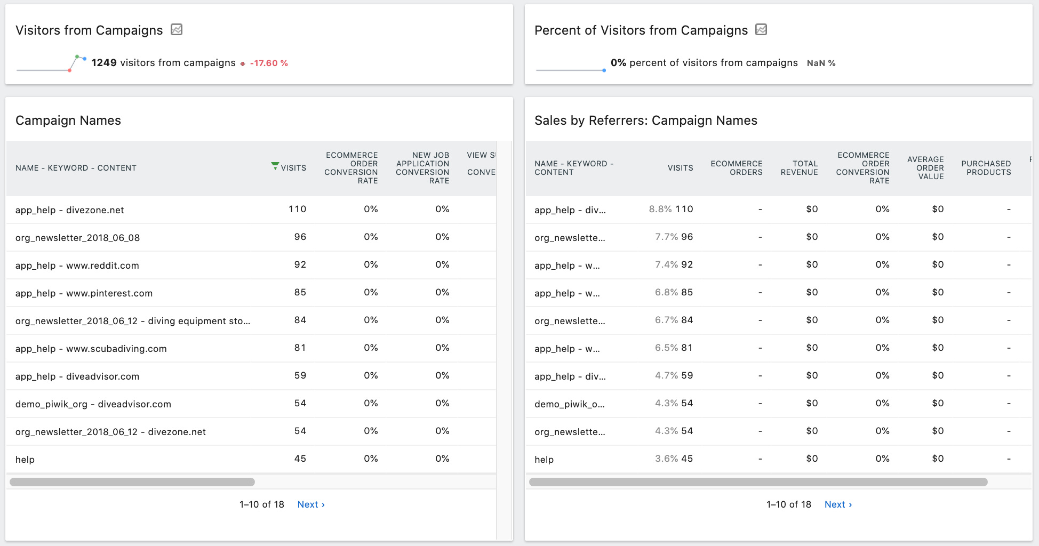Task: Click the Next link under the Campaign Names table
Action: (310, 504)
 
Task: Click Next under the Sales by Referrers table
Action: (837, 504)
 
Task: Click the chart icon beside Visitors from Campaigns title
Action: (177, 30)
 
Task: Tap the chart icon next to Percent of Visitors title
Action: (761, 30)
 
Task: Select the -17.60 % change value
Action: (269, 63)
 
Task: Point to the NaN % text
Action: (821, 63)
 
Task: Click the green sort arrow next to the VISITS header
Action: (275, 166)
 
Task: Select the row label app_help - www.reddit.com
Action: (77, 266)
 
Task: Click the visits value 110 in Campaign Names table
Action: (297, 209)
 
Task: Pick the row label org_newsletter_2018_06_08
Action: (78, 238)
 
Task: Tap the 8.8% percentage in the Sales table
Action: (660, 209)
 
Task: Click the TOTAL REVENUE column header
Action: (799, 168)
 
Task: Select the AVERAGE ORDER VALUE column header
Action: (925, 168)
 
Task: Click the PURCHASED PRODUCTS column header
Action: (986, 168)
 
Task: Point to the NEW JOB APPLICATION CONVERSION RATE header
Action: (422, 168)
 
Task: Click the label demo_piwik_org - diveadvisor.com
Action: (93, 404)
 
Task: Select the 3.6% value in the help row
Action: (666, 459)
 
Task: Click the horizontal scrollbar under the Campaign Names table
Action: (132, 482)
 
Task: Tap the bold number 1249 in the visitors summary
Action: (104, 63)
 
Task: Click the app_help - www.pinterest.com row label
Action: (84, 293)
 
